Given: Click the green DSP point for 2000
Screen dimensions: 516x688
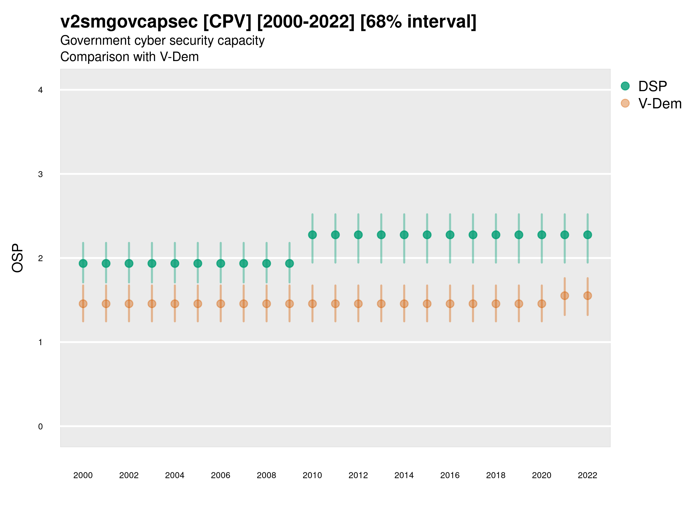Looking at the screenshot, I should click(83, 263).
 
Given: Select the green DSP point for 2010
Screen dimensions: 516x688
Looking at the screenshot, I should click(312, 235).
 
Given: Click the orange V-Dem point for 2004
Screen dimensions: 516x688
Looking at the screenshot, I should click(175, 304).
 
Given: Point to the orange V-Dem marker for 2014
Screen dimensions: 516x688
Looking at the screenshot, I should click(404, 304).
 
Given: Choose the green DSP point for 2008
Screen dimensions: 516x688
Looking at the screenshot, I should click(267, 263).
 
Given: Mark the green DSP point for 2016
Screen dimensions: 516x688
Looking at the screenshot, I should click(450, 235).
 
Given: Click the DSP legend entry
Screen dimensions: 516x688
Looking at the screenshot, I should click(652, 86).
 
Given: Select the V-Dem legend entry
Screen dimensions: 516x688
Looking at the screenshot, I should click(659, 103).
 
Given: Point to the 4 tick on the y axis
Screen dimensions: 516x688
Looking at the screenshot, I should click(40, 90).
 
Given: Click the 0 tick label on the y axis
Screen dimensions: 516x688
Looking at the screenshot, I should click(40, 427).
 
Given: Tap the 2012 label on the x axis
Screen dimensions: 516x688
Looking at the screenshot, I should click(358, 475).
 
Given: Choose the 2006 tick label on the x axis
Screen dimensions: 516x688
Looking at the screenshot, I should click(220, 475).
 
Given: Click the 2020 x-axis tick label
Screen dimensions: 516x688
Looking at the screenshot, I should click(542, 475).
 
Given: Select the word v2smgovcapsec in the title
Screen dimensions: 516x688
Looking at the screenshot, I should click(129, 21).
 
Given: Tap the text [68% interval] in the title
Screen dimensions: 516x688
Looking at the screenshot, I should click(418, 21).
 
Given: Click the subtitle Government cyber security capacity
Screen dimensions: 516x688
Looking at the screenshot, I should click(162, 40).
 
